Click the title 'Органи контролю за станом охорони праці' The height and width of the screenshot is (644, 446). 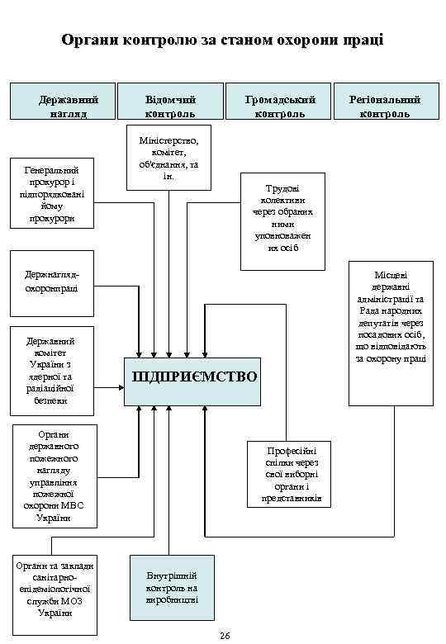222,40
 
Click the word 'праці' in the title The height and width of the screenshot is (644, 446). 361,40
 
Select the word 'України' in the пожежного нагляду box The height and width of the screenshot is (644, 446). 53,518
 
